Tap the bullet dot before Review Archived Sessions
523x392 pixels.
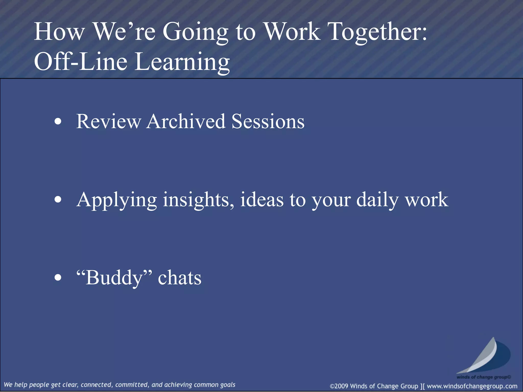click(58, 122)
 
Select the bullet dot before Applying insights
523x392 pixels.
click(58, 200)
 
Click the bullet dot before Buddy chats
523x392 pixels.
click(58, 278)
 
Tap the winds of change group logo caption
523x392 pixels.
click(484, 377)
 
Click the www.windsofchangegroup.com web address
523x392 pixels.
click(472, 386)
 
